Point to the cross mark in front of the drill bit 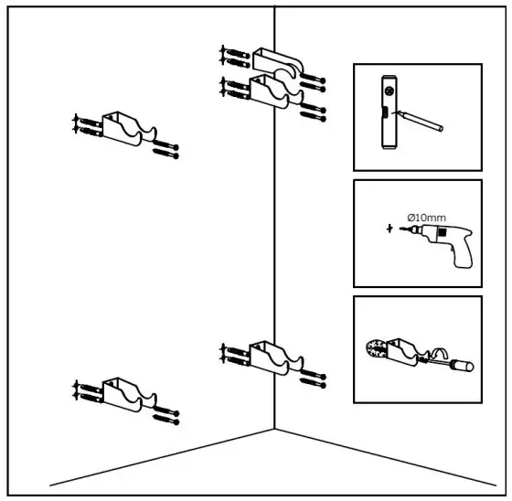point(390,227)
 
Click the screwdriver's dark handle point(461,366)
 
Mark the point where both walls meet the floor point(275,428)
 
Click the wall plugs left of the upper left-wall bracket point(85,125)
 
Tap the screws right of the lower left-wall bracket point(165,416)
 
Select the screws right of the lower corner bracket point(314,373)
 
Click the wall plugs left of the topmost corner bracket point(234,56)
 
